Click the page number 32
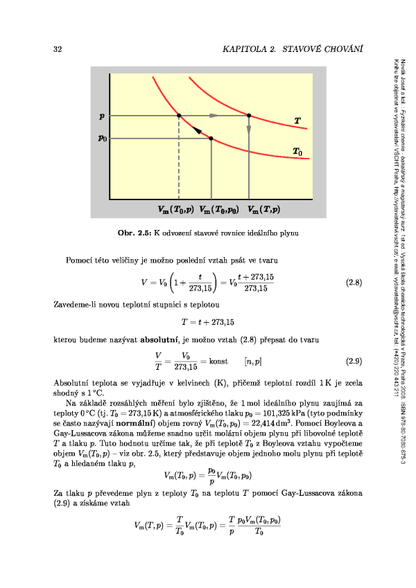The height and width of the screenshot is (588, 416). point(58,50)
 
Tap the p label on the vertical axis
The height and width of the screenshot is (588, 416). point(102,115)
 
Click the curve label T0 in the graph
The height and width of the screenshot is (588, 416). point(297,151)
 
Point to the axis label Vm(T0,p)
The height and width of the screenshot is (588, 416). point(175,208)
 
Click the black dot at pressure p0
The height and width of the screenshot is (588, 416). point(211,139)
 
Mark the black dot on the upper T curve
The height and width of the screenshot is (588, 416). point(249,116)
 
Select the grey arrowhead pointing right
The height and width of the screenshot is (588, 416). point(214,116)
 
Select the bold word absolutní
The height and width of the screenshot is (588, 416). point(162,341)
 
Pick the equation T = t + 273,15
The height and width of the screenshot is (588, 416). point(208,321)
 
